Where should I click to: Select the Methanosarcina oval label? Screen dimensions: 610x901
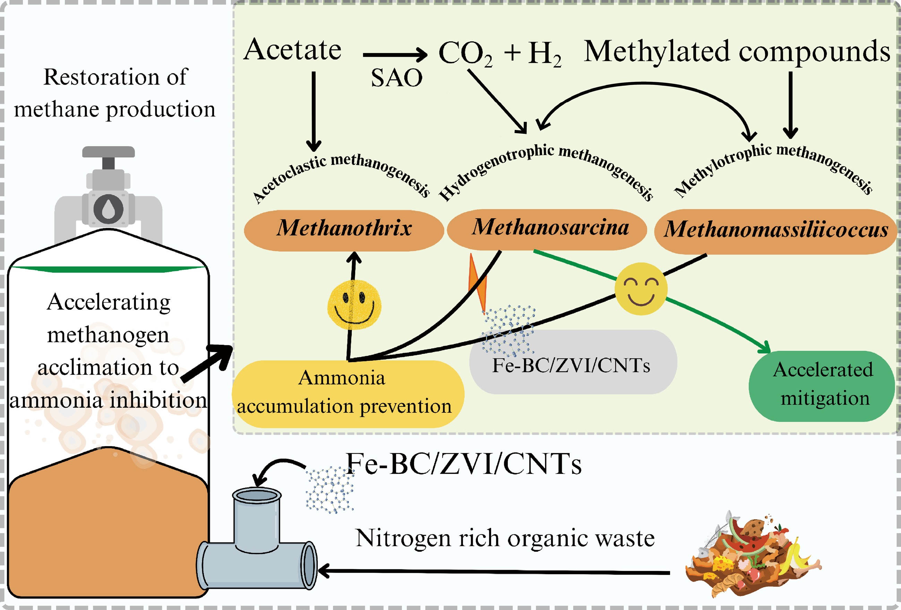click(x=547, y=229)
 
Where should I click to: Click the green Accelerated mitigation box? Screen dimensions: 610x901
click(x=822, y=386)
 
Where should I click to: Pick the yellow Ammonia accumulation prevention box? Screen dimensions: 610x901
click(x=347, y=393)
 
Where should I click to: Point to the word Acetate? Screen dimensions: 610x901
click(x=292, y=50)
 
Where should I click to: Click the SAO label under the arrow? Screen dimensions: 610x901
click(x=396, y=78)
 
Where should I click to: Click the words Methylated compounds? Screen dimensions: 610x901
click(x=737, y=52)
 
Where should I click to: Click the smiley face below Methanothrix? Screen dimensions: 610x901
click(x=354, y=305)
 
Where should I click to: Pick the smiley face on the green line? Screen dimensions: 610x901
click(x=641, y=289)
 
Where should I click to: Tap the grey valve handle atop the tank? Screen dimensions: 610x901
click(x=109, y=152)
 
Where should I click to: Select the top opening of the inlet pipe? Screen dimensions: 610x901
click(x=256, y=496)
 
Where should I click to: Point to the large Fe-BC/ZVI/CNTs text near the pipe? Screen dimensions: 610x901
click(x=464, y=464)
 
